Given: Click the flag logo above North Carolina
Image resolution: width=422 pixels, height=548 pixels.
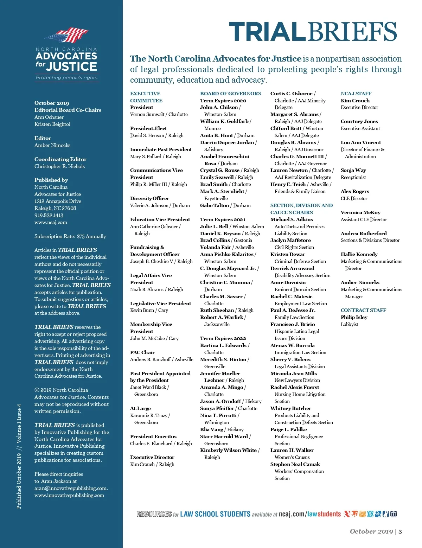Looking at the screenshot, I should pos(66,35).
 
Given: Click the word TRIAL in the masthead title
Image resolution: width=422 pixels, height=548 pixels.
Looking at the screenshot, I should pos(267,32).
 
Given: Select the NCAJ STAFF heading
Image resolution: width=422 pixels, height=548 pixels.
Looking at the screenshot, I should pos(356,94).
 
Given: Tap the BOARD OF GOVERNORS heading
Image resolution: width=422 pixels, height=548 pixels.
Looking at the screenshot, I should pos(230,94).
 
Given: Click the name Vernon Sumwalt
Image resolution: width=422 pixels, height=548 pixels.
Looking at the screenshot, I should pos(147,114).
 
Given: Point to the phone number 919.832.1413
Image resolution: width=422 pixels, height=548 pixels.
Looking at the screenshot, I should pos(49,215).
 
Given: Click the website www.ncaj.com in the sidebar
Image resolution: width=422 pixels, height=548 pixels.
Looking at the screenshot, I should pos(51,222).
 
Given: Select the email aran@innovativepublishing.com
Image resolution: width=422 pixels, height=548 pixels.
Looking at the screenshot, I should pos(71,488).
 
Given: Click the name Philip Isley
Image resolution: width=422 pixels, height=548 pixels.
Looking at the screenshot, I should pos(354,317).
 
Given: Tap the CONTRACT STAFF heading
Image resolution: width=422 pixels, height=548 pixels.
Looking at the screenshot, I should pos(363,310).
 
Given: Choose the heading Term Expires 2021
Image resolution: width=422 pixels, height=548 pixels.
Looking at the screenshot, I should pos(223,219).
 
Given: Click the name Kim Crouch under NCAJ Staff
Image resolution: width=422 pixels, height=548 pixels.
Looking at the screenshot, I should pos(355,101).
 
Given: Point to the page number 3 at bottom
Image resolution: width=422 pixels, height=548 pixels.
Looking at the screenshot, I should pos(400,531).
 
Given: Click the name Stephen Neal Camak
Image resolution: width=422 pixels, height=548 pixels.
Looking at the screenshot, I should pos(295,464).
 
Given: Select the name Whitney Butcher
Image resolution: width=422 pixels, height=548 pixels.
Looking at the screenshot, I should pos(290,408).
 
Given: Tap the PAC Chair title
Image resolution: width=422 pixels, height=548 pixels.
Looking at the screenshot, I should pos(142,352).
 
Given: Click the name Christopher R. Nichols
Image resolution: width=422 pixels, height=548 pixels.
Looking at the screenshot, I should pos(59,166).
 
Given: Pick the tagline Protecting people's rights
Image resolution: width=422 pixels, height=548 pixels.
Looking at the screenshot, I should pos(67,77).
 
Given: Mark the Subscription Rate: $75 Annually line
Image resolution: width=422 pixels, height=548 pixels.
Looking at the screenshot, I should pos(70,236).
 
